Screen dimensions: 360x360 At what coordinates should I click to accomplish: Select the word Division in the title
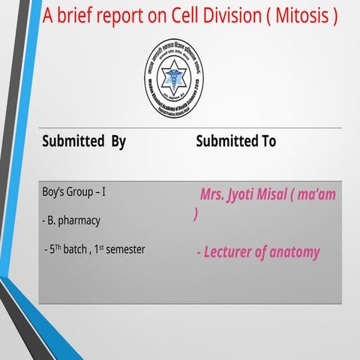point(223,14)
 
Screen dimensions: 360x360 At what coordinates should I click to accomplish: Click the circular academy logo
point(173,79)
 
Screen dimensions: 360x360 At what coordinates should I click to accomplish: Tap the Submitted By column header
point(84,141)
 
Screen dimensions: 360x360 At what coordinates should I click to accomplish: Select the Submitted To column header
point(235,141)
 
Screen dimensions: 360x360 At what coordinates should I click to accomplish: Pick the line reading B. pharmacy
point(72,220)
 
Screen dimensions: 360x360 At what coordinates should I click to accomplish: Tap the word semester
point(124,248)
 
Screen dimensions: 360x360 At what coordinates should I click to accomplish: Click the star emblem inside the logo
point(173,74)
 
